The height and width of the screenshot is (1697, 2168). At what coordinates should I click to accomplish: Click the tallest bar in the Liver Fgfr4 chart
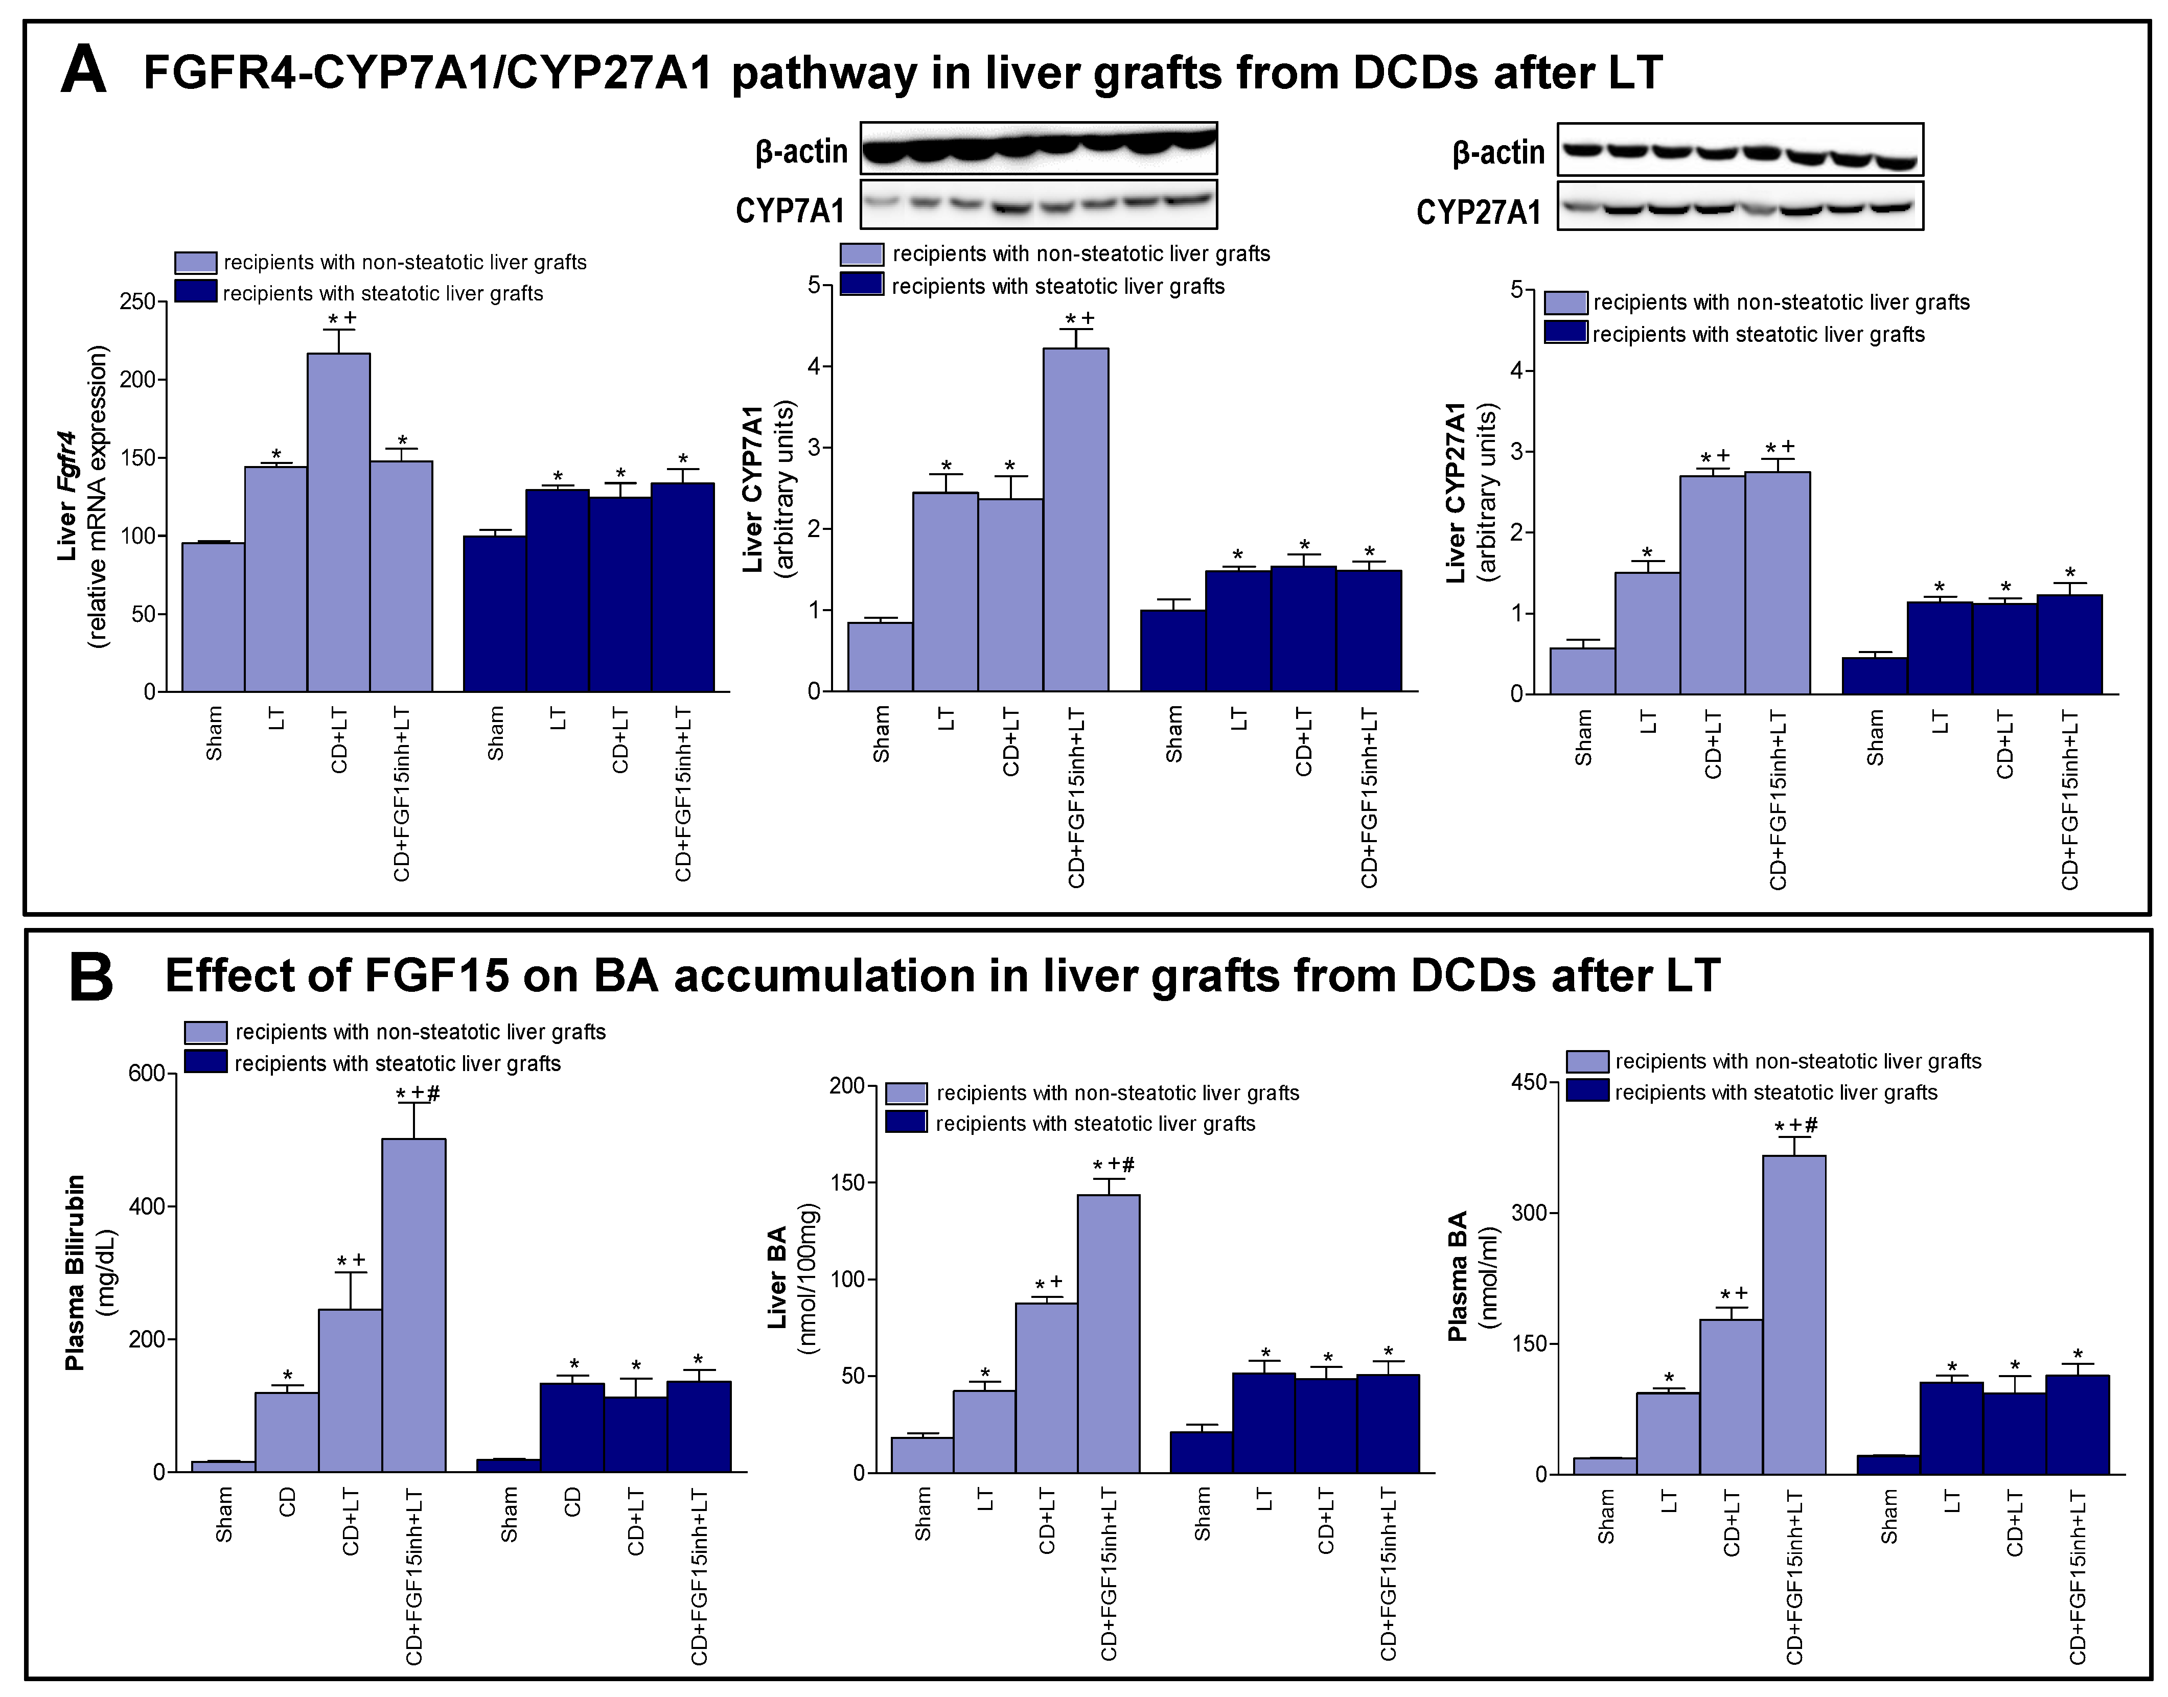coord(339,522)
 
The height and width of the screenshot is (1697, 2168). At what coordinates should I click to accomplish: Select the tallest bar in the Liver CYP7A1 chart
coord(1075,519)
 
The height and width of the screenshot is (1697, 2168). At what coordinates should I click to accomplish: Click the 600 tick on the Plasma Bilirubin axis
coord(146,1073)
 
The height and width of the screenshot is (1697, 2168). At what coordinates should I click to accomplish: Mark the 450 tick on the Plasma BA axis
coord(1528,1082)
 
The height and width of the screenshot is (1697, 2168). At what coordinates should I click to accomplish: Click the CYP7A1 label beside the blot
coord(790,211)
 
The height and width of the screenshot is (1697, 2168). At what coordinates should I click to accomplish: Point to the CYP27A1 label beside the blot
coord(1479,212)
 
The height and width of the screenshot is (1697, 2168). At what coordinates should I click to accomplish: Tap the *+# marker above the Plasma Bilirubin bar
coord(418,1094)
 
